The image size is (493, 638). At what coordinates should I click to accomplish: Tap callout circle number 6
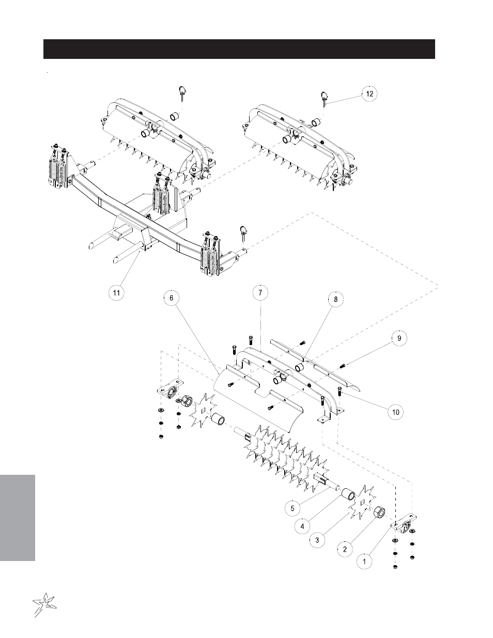point(171,298)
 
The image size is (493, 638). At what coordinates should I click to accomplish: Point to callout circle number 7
point(260,292)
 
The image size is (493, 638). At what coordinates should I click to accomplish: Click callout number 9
point(398,338)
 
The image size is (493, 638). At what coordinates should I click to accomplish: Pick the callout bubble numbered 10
point(395,412)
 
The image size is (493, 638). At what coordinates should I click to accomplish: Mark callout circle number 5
point(292,508)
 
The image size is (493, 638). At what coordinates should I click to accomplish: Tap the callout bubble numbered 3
point(317,540)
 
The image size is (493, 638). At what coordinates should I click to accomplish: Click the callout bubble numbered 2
point(345,549)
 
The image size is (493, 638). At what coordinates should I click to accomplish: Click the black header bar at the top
point(239,49)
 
